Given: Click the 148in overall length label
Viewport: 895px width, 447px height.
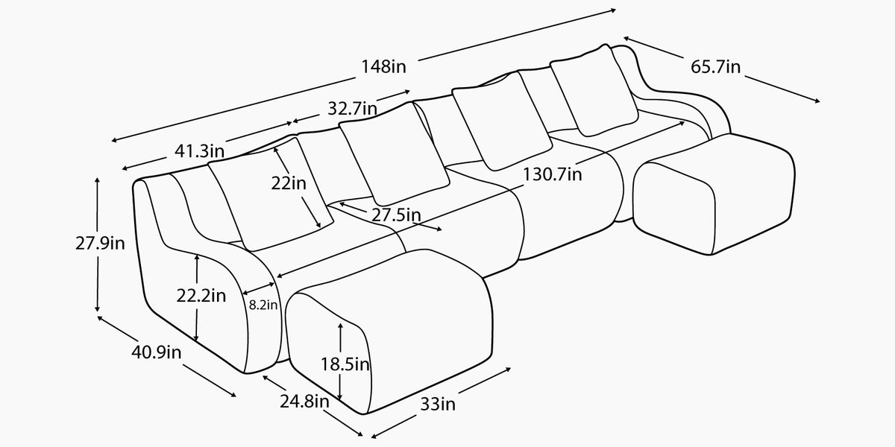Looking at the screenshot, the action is (x=383, y=66).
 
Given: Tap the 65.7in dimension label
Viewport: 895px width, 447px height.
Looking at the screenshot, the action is (x=715, y=66).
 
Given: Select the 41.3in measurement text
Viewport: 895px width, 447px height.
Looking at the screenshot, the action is (x=199, y=150).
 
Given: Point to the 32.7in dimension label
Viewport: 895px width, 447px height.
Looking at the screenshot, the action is (x=352, y=109).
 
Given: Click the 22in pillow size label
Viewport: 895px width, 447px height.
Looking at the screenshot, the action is (x=289, y=183).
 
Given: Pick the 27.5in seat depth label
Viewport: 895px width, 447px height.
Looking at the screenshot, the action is (x=396, y=215).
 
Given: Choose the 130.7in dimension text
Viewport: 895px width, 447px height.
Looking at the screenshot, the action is (x=552, y=174).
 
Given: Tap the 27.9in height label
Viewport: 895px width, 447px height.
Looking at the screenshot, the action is (x=100, y=243).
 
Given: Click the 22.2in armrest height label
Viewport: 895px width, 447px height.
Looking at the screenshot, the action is (x=201, y=296).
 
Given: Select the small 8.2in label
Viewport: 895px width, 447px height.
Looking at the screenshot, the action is (x=263, y=305).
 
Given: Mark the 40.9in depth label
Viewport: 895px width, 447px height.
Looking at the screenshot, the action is (x=156, y=352).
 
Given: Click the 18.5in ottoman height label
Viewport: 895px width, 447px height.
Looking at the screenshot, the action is (x=345, y=364).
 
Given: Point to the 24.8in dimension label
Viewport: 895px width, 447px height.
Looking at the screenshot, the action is (x=304, y=402).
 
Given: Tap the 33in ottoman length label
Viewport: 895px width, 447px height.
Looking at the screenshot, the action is (x=438, y=405).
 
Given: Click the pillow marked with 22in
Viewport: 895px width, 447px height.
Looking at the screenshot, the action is (x=271, y=194).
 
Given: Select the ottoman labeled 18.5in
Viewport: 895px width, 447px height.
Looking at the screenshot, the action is (x=389, y=332).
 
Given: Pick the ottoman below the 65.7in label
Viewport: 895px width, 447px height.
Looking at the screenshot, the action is (x=714, y=194).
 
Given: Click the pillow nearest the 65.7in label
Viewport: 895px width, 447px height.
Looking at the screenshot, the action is (x=594, y=91).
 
